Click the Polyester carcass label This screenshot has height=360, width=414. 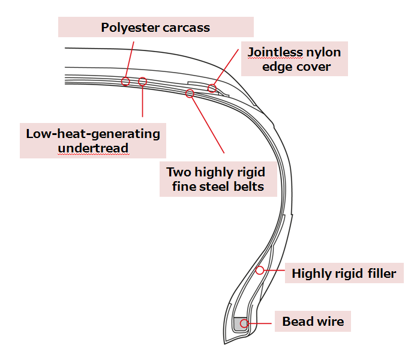pos(155,28)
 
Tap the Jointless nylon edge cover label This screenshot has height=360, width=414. pos(294,59)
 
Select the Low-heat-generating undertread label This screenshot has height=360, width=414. pos(93,140)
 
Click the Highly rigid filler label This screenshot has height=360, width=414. pos(344,274)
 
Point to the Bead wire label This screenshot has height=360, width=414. pos(313,322)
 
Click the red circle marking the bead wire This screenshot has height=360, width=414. pos(244,324)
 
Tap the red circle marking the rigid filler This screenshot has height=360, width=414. pos(260,270)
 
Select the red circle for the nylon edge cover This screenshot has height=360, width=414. pos(212,89)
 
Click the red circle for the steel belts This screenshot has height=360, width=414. pos(190,93)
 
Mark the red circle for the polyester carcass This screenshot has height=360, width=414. pos(125,81)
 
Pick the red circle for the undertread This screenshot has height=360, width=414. pos(142,81)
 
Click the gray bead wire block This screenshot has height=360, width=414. pos(241,324)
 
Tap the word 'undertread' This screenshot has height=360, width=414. pos(93,148)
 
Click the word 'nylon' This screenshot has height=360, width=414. pos(324,52)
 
